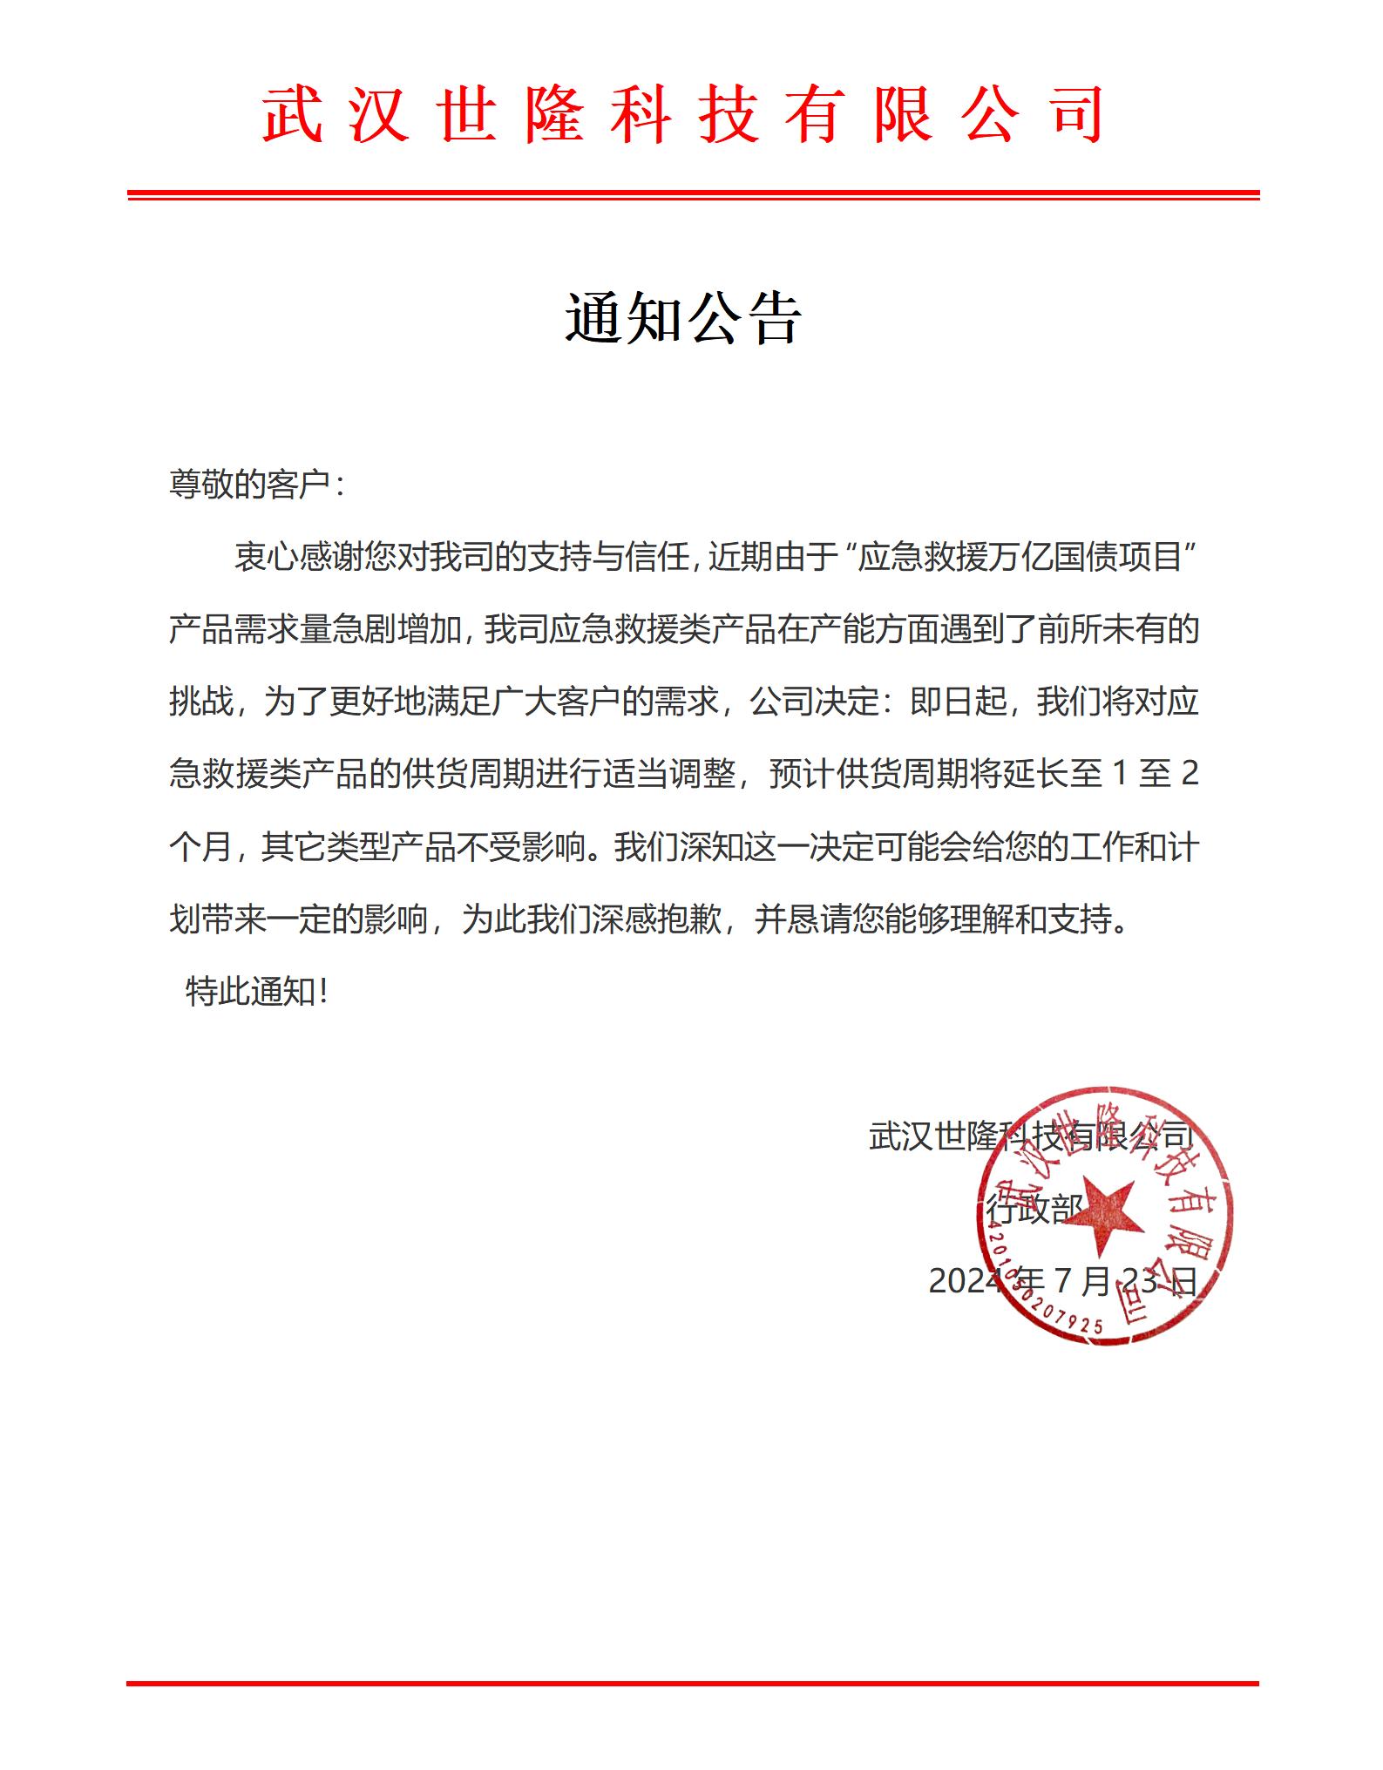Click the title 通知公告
tap(682, 318)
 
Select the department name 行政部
tap(1034, 1209)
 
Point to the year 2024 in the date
tap(966, 1281)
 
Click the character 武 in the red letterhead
tap(293, 115)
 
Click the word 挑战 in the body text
tap(201, 702)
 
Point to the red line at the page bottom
tap(692, 1683)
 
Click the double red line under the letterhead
tap(692, 195)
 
